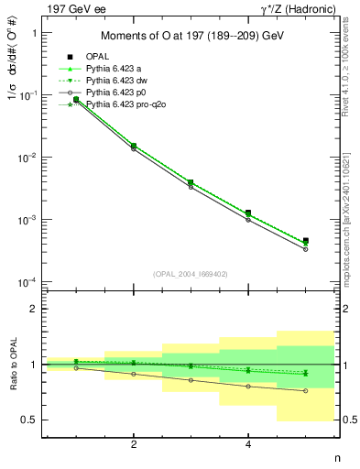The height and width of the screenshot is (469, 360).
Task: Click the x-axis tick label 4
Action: [248, 444]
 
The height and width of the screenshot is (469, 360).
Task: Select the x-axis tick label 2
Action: [134, 444]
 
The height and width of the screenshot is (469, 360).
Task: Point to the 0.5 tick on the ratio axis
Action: [29, 420]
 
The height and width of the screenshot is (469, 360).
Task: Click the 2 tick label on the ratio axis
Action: [34, 310]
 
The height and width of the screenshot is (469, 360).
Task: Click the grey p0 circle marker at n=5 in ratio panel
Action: [305, 391]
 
